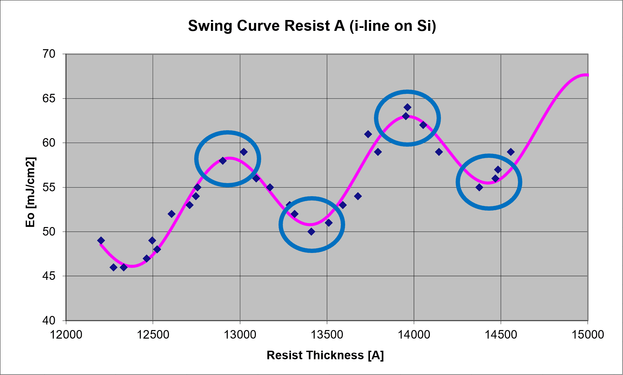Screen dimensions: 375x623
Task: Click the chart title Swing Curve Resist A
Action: [x=312, y=26]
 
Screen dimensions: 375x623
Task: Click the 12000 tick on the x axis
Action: [x=66, y=335]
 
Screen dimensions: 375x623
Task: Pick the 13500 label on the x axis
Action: [x=327, y=335]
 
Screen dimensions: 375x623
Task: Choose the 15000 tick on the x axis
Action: [x=588, y=335]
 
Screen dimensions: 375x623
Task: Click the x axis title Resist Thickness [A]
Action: [x=325, y=355]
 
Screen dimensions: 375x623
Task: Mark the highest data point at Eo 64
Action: [x=407, y=107]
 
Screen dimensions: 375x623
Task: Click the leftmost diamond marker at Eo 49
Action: [x=101, y=240]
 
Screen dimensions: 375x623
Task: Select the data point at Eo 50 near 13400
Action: [x=311, y=232]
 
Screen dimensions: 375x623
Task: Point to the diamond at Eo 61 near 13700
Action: [x=368, y=134]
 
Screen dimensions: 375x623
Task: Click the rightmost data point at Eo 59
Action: [x=511, y=152]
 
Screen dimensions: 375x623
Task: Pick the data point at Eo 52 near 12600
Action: [x=172, y=214]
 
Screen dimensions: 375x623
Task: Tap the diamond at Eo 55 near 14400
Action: [x=479, y=187]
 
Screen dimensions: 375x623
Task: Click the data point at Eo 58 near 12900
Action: [x=223, y=161]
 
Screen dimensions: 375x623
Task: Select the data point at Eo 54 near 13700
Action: [x=358, y=196]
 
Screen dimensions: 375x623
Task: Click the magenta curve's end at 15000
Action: [x=587, y=75]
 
